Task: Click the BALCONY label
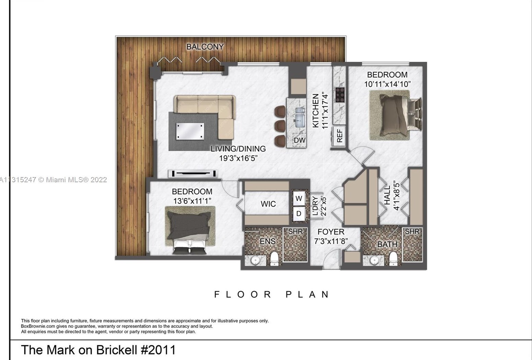point(205,47)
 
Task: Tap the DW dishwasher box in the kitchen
point(300,140)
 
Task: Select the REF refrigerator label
point(339,136)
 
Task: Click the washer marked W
point(299,198)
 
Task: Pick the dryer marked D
point(299,213)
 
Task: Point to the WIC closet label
point(268,204)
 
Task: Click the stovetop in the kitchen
point(340,95)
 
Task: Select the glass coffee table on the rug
point(190,131)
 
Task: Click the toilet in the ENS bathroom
point(274,258)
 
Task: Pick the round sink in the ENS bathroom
point(255,260)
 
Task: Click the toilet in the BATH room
point(393,258)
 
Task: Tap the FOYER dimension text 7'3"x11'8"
point(331,241)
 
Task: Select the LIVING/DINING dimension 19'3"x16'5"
point(238,158)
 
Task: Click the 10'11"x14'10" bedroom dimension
point(388,84)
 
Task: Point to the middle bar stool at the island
point(280,126)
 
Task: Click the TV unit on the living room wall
point(193,174)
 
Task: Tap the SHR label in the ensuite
point(295,232)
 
